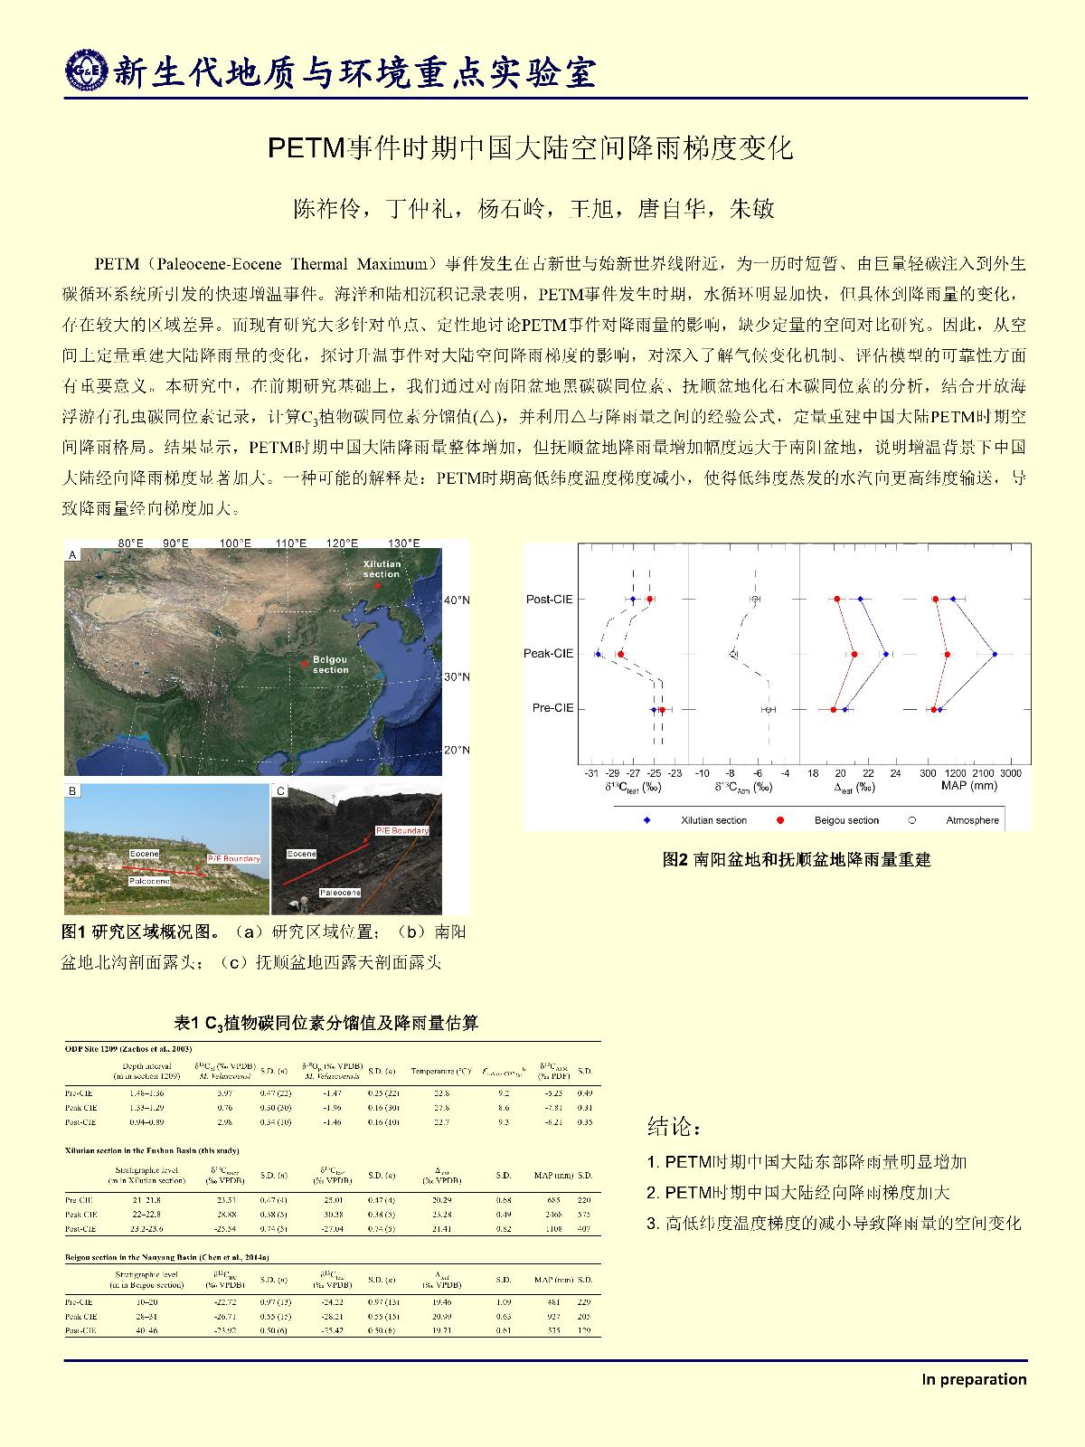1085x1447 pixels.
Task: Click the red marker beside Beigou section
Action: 304,664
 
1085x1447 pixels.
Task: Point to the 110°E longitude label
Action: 291,544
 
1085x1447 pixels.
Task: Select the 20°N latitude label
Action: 457,750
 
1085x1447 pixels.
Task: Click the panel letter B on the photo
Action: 72,790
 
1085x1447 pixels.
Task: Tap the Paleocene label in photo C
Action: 339,892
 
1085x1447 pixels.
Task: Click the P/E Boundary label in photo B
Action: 232,858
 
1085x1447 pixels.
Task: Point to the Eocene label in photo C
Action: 301,853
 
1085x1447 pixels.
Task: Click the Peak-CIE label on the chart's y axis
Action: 548,653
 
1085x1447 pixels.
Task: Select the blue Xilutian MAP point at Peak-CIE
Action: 995,654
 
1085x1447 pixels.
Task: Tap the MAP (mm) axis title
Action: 968,786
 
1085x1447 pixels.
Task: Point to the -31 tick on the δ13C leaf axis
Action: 591,773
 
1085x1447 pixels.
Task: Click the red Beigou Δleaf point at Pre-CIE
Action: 834,710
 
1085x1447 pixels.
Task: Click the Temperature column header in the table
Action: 440,1071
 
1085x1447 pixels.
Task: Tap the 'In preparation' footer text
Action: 974,1379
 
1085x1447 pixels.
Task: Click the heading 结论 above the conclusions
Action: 673,1127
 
